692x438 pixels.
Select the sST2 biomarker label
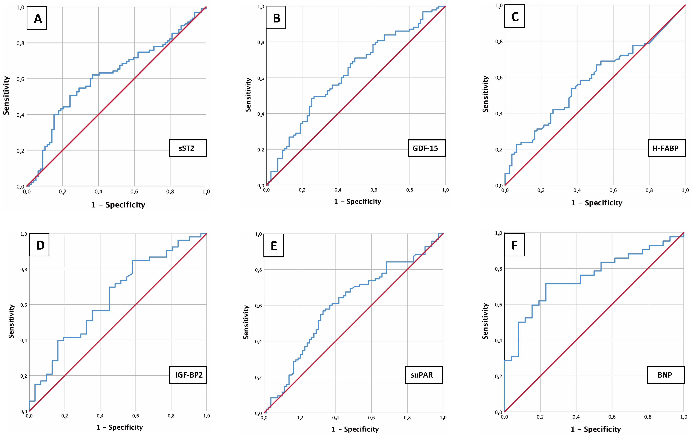pos(187,148)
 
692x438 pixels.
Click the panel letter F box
pos(514,245)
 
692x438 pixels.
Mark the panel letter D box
pos(39,245)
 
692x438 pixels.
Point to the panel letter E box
pos(274,246)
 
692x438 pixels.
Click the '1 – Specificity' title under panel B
pos(358,202)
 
